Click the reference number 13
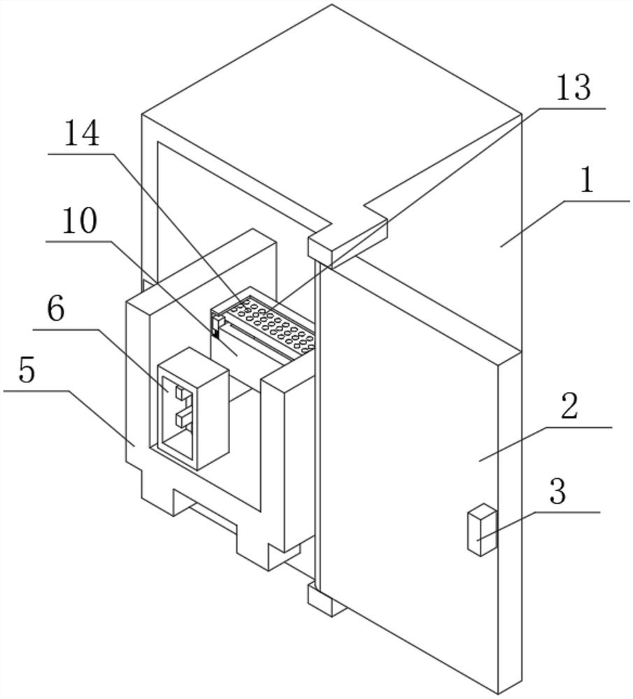coord(573,89)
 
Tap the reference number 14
coord(81,133)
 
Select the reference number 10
coord(79,222)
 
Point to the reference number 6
coord(56,308)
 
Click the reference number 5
coord(26,370)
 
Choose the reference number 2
coord(569,407)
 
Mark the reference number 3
coord(557,493)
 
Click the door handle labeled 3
coord(481,533)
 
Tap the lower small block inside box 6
coord(183,419)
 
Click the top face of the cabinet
coord(332,105)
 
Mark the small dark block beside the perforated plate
coord(215,329)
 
